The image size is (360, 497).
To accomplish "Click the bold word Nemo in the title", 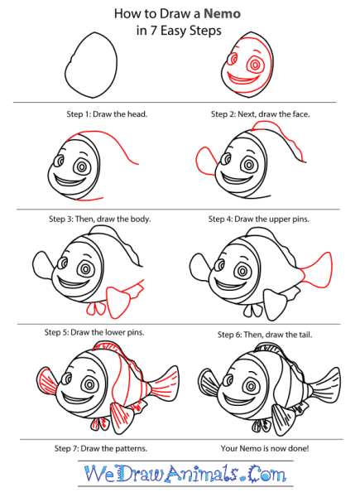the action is (222, 13).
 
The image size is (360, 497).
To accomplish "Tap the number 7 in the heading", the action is (153, 31).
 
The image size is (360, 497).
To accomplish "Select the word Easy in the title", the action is (174, 31).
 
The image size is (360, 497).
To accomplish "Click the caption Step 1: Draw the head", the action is (107, 114).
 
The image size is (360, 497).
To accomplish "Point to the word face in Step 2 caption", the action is (300, 114).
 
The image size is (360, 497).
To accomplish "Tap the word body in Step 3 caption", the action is (142, 219).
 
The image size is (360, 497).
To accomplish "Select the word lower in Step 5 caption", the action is (114, 332).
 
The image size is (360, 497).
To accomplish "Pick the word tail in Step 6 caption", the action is (305, 335).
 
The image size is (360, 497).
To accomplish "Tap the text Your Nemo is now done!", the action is (265, 448).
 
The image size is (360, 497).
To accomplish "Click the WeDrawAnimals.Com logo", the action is (185, 474).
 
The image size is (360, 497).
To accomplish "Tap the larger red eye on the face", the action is (255, 65).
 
